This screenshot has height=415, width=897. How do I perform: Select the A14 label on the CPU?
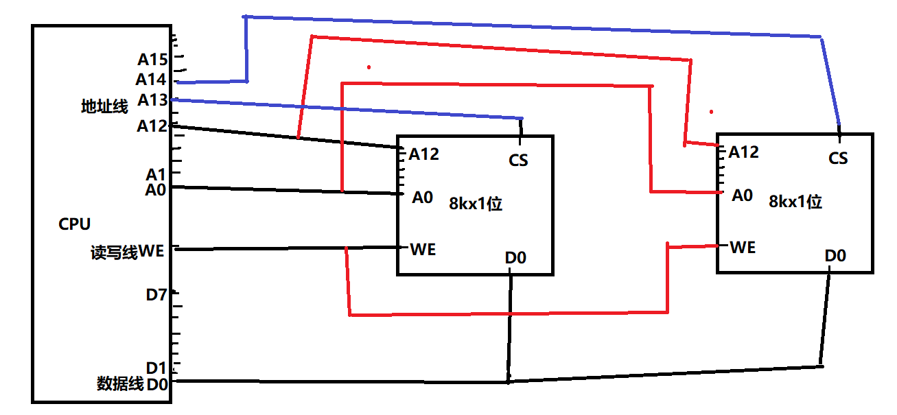(x=150, y=80)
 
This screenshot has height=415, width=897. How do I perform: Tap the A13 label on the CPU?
(x=152, y=100)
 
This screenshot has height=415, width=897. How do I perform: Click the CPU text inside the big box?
(x=75, y=224)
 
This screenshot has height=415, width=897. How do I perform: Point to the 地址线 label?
(x=104, y=106)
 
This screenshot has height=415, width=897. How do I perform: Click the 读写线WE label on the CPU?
(x=128, y=252)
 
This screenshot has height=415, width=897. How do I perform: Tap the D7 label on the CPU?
(x=156, y=295)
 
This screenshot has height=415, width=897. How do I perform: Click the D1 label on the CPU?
(x=156, y=368)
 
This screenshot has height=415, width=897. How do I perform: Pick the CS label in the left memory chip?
(x=519, y=161)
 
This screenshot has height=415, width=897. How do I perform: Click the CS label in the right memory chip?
(x=838, y=158)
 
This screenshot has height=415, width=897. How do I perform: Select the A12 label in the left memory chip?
(x=424, y=154)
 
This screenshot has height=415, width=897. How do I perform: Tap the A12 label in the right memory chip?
(x=744, y=152)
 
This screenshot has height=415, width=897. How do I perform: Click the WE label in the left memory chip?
(x=423, y=249)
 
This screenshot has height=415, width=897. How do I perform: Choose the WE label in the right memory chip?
(x=743, y=247)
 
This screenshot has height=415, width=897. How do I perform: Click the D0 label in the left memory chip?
(x=515, y=258)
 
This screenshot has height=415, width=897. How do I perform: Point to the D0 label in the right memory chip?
(x=835, y=256)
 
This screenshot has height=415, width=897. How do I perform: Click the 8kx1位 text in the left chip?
(x=476, y=204)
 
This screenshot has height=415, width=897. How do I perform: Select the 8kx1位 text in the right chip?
(x=795, y=202)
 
